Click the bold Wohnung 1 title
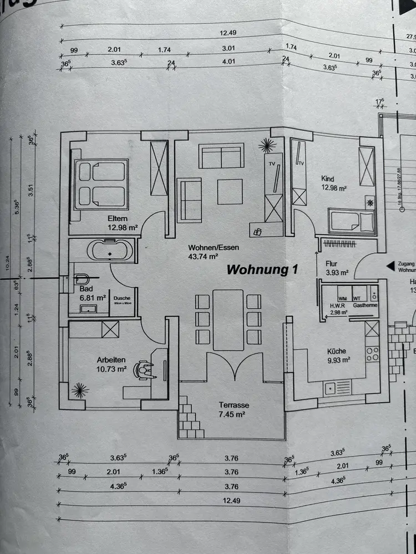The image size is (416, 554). (263, 270)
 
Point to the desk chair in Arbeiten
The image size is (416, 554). (145, 370)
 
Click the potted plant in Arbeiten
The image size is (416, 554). (80, 391)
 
